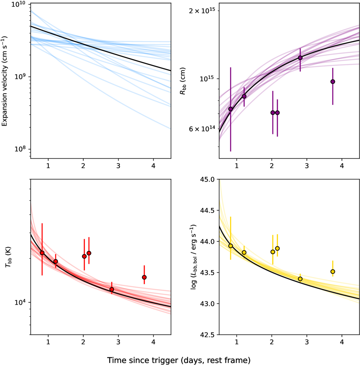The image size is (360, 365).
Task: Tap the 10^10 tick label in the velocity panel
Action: (21, 4)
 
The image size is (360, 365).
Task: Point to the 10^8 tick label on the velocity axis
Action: (21, 149)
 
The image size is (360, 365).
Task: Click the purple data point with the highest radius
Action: (300, 58)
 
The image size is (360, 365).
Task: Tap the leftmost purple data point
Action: (231, 109)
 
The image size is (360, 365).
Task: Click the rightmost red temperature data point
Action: (144, 277)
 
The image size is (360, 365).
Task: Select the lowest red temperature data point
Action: (111, 289)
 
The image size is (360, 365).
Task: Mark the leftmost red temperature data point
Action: (42, 253)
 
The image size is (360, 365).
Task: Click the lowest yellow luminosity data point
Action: (300, 279)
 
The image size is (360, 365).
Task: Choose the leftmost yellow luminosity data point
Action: (231, 246)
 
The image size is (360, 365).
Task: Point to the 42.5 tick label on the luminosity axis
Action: (209, 335)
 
